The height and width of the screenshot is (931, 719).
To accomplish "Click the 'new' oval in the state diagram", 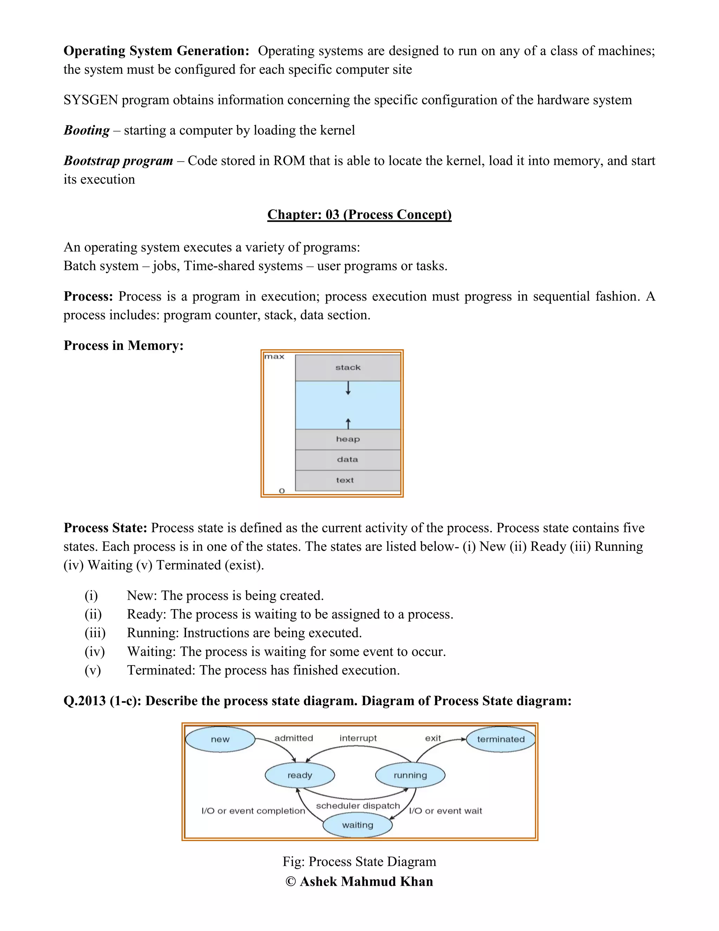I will click(220, 739).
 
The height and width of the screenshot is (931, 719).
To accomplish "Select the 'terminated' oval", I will click(501, 739).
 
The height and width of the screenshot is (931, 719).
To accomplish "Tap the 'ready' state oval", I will click(300, 775).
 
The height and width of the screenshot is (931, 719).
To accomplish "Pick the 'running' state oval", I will click(410, 775).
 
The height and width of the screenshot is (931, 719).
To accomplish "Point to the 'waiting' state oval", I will click(357, 825).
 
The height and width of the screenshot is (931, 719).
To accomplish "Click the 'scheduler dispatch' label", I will click(358, 806).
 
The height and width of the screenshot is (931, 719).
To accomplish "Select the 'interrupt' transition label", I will click(358, 738).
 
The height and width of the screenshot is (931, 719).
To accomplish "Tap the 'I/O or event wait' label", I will click(446, 811).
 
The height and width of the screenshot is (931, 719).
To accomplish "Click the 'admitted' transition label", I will click(293, 738).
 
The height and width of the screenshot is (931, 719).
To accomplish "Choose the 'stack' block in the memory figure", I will click(348, 367).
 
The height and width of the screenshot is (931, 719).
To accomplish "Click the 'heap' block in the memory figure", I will click(348, 439).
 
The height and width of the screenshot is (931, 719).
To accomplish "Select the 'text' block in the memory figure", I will click(345, 480).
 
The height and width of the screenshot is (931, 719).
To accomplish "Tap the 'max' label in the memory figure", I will click(274, 356).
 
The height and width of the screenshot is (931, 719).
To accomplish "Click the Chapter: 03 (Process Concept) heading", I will click(359, 214).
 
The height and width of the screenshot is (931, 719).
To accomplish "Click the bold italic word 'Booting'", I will click(86, 130).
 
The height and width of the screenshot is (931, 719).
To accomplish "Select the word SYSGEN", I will click(91, 100).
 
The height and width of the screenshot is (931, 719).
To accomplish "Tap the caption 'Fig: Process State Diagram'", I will click(359, 861).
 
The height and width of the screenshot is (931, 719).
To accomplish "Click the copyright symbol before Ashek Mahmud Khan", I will click(290, 881).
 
